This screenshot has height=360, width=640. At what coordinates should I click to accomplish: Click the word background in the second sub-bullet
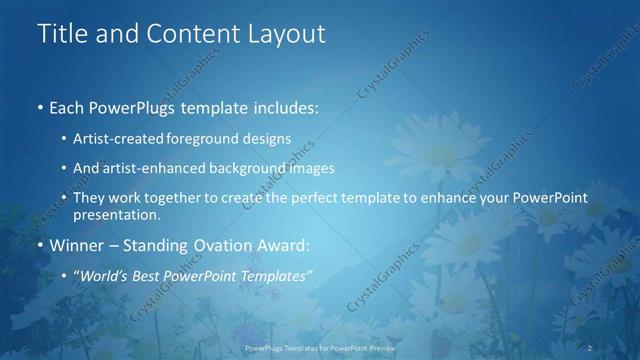[250, 168]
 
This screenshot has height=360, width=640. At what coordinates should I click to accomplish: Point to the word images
[312, 168]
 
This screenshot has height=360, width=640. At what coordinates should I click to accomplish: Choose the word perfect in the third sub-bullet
[316, 198]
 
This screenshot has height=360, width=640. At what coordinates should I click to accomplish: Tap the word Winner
[76, 244]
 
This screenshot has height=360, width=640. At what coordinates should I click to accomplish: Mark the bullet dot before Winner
[39, 244]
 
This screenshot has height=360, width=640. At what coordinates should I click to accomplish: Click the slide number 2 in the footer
[591, 347]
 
